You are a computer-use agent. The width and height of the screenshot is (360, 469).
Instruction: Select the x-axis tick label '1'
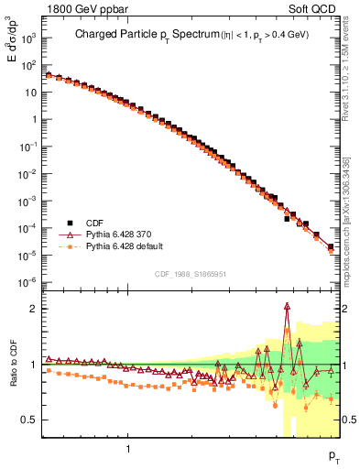click(x=127, y=449)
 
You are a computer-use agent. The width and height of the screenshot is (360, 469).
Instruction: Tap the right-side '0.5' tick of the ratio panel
click(x=349, y=420)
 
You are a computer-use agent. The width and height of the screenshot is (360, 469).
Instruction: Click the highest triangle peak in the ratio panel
click(x=288, y=308)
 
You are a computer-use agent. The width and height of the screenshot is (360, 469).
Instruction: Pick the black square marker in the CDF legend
click(x=67, y=223)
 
